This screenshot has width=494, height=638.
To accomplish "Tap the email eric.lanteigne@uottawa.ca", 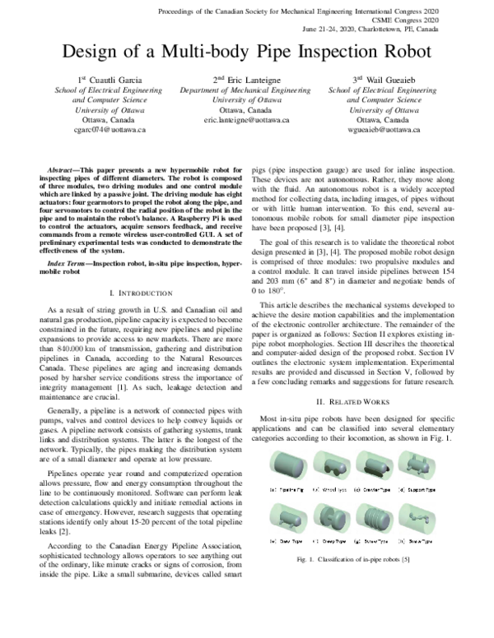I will (x=246, y=119).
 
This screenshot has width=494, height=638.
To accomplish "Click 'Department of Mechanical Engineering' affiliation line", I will (x=246, y=90).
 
